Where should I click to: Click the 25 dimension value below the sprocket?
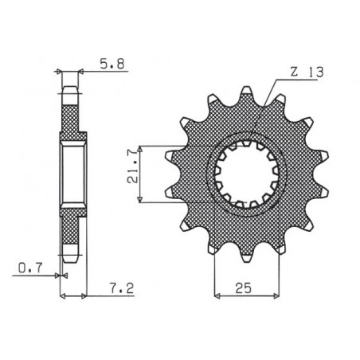click(x=242, y=284)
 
